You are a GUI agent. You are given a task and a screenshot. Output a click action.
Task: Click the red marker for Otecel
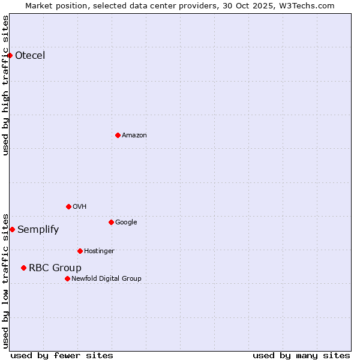10,56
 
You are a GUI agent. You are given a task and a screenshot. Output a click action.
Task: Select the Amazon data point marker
118,135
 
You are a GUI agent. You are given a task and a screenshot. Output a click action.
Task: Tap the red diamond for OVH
68,206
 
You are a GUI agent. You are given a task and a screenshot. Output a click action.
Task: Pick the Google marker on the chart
111,222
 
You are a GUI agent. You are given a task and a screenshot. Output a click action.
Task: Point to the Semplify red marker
12,229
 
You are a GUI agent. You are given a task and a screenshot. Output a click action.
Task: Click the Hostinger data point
80,251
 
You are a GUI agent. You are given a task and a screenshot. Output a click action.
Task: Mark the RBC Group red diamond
23,268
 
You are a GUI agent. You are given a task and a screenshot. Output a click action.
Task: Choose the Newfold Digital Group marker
67,278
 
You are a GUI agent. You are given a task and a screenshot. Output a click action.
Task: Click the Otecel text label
30,56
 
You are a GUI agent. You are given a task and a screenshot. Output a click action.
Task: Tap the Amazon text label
134,135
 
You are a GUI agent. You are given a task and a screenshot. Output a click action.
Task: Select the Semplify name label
38,229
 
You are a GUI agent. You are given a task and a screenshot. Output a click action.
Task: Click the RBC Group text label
55,268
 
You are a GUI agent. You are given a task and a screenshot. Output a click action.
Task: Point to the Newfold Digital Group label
106,278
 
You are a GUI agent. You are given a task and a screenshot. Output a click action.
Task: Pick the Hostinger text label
99,251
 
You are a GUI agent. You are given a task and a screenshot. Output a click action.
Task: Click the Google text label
126,222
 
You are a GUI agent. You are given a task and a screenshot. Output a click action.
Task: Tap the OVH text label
80,206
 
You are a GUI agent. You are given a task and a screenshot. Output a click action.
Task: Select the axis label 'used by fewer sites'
62,355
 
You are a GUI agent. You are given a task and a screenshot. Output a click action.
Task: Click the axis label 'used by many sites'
301,355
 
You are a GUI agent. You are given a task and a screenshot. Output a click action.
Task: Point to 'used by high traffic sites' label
6,85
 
